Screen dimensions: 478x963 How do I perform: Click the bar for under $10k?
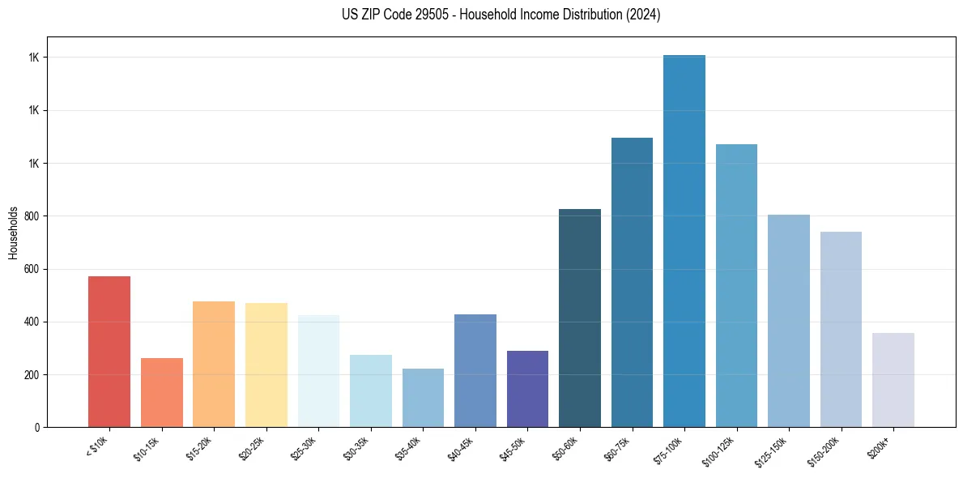109,352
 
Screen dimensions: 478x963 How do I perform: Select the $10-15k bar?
161,392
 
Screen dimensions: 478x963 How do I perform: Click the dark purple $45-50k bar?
527,389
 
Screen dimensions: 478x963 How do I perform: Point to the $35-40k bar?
423,398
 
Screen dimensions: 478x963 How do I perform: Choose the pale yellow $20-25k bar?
266,365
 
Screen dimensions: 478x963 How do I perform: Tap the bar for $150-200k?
841,329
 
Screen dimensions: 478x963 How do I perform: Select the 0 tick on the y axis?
36,427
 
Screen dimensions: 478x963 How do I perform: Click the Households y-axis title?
13,232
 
